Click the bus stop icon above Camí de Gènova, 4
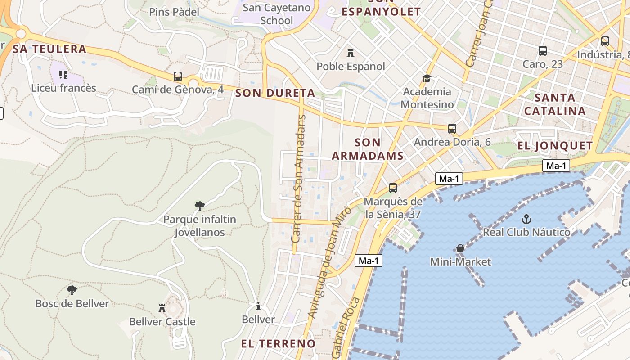click(x=178, y=76)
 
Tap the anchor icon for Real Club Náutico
click(x=526, y=219)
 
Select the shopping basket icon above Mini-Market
click(x=460, y=248)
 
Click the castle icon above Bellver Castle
click(x=162, y=308)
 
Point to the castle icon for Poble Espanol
click(x=351, y=53)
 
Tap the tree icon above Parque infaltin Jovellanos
click(x=200, y=206)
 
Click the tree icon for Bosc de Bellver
click(x=72, y=290)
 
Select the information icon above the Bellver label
click(x=258, y=306)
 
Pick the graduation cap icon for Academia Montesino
click(x=427, y=79)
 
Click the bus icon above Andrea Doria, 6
click(x=452, y=129)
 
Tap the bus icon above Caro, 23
click(x=543, y=51)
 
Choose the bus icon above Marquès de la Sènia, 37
click(x=393, y=188)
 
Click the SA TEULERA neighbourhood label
click(x=49, y=49)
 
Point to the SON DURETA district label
click(x=275, y=93)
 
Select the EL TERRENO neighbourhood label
click(x=278, y=344)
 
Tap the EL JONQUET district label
click(x=555, y=146)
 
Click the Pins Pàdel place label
click(x=174, y=12)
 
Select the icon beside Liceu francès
click(x=63, y=75)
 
